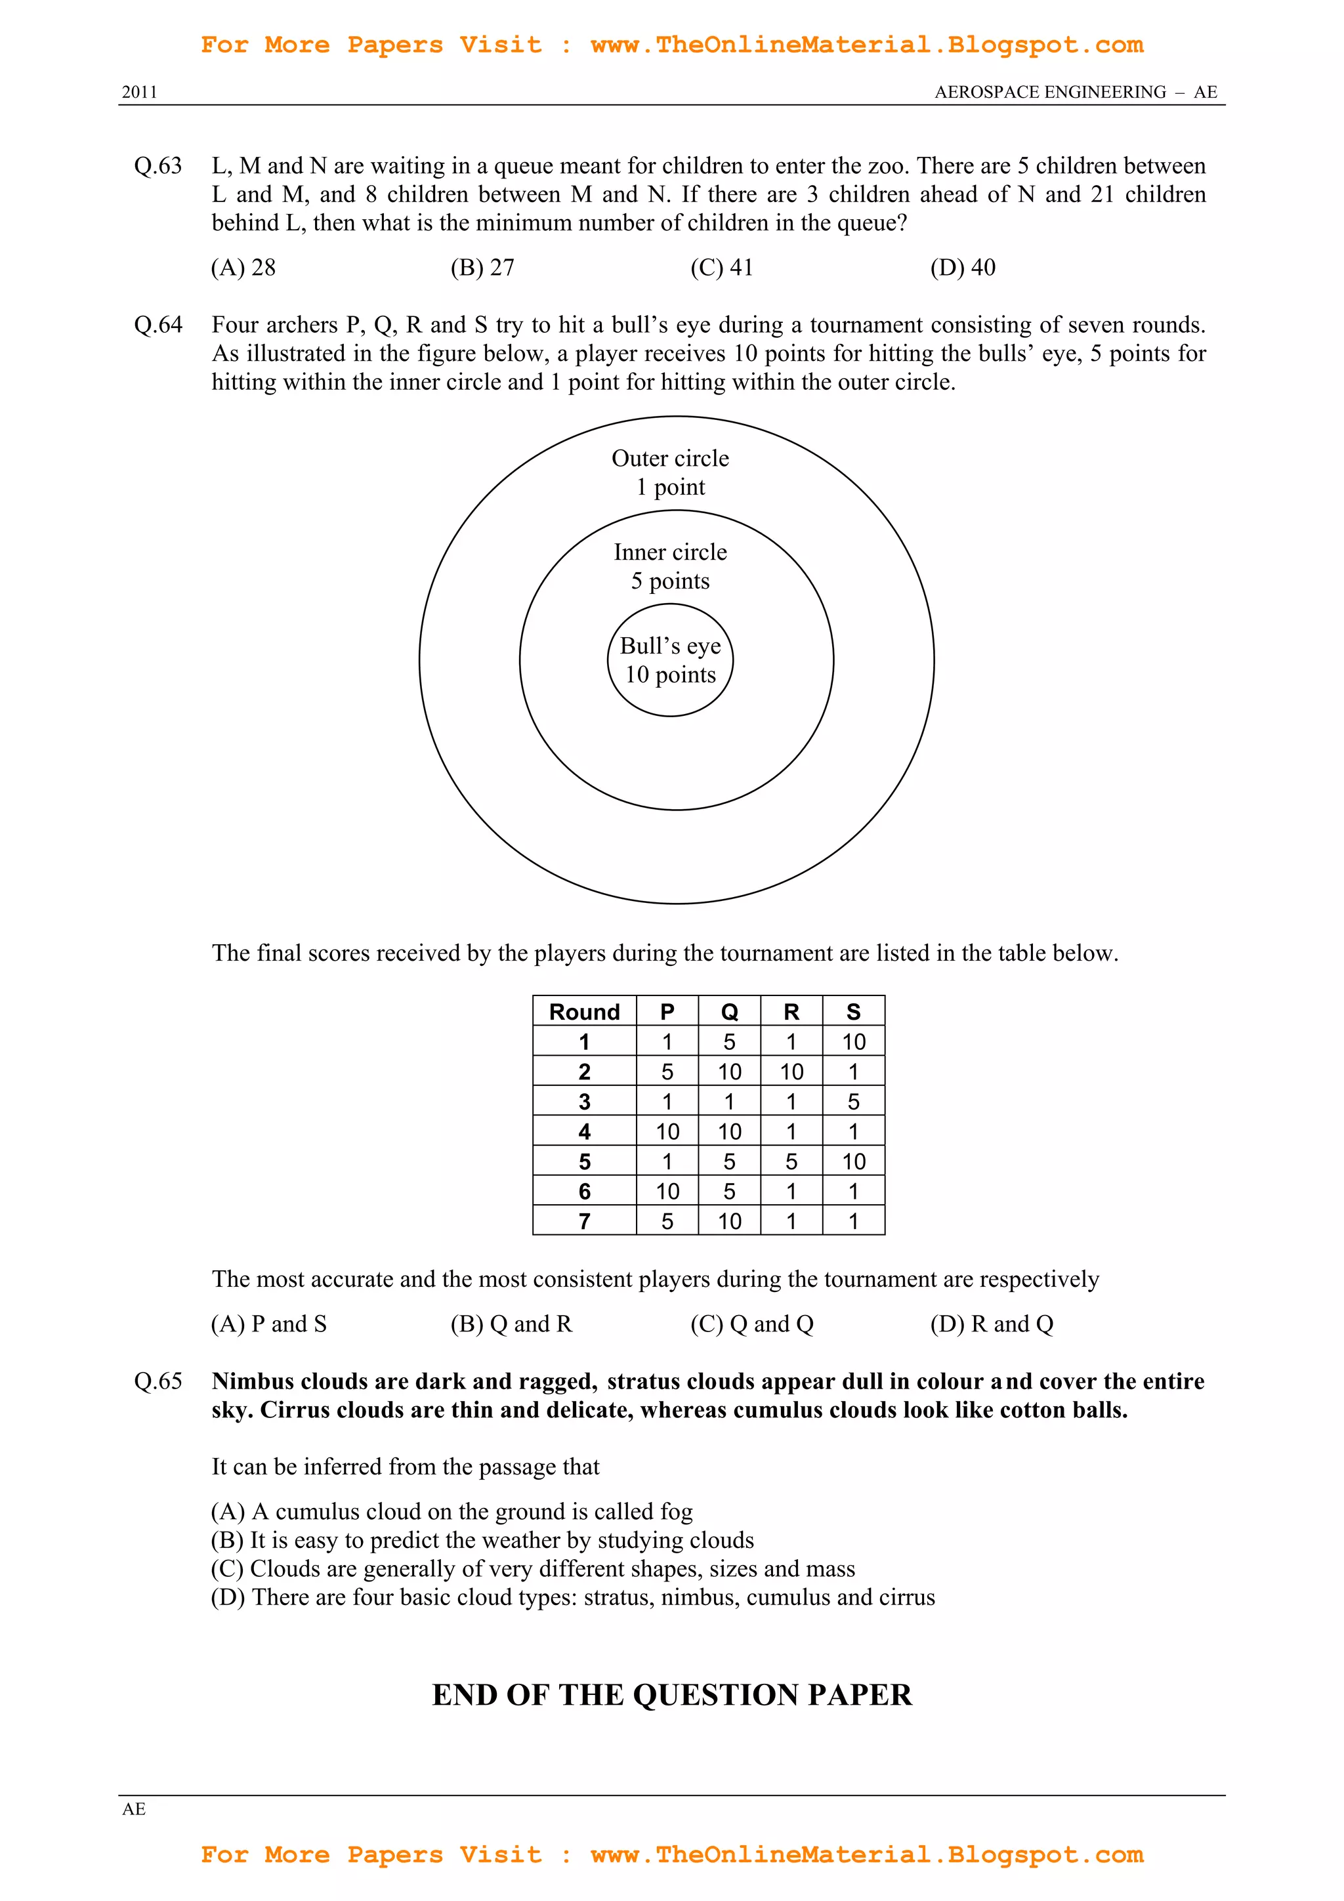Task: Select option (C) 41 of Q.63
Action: point(721,268)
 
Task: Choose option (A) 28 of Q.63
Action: point(243,268)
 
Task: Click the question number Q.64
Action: point(157,325)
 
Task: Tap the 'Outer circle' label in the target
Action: point(670,458)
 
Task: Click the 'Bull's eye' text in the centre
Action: point(670,645)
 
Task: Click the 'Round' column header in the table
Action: point(584,1011)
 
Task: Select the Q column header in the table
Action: point(728,1011)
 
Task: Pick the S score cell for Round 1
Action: point(853,1041)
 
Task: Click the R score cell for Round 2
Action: point(791,1072)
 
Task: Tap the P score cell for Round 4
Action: point(667,1131)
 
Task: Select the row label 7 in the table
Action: point(584,1221)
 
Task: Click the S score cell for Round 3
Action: point(853,1101)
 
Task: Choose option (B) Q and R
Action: point(511,1324)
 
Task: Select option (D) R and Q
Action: point(991,1324)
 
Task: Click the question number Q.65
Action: point(157,1381)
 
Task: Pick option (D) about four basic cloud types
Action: point(572,1597)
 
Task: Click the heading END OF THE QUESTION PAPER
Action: point(671,1695)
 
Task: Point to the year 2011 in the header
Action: point(139,92)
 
